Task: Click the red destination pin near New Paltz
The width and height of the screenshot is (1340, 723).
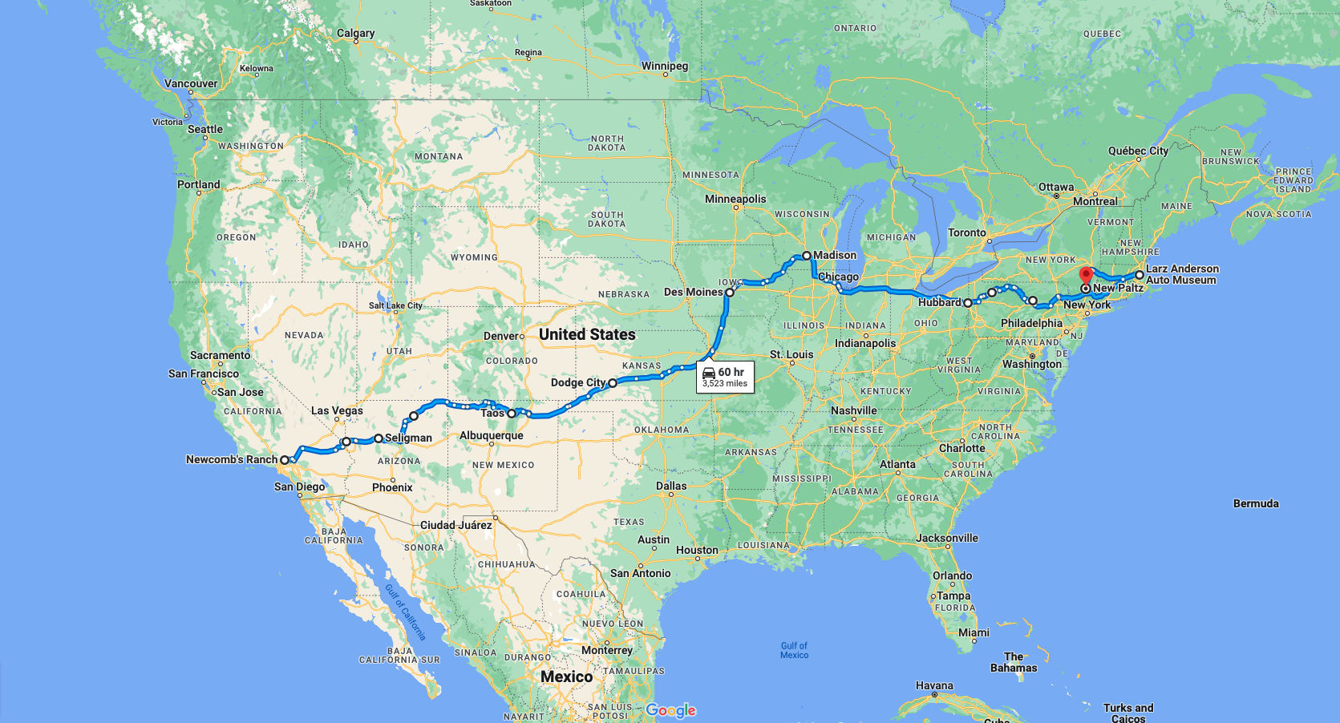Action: coord(1086,276)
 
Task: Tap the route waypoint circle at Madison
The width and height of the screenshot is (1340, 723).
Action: coord(807,256)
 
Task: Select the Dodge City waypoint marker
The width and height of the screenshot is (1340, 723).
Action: coord(613,383)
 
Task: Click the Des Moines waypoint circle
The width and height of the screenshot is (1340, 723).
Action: coord(730,293)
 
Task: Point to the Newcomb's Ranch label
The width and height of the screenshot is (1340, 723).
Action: coord(231,459)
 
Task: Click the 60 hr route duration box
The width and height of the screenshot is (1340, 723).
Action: coord(725,376)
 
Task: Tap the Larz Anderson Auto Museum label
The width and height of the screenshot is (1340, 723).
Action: coord(1181,274)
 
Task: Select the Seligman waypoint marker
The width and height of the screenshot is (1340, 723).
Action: coord(379,438)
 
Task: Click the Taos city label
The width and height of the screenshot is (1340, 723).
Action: coord(492,413)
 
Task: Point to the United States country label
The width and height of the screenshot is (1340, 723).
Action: coord(587,334)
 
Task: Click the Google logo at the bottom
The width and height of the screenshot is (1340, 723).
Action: coord(670,710)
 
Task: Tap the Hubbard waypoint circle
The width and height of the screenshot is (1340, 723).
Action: coord(968,303)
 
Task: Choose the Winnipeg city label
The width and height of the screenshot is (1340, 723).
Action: coord(664,66)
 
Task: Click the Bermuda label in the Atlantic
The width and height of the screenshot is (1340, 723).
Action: coord(1256,503)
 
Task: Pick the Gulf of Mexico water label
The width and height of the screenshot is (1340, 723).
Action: coord(794,650)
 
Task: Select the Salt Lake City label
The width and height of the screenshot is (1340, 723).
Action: coord(395,305)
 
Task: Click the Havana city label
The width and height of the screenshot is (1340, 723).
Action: coord(934,685)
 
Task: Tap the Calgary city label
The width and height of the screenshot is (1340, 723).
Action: coord(355,33)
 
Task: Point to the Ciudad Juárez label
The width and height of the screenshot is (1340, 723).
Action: coord(455,525)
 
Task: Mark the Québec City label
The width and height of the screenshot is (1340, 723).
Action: coord(1138,151)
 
